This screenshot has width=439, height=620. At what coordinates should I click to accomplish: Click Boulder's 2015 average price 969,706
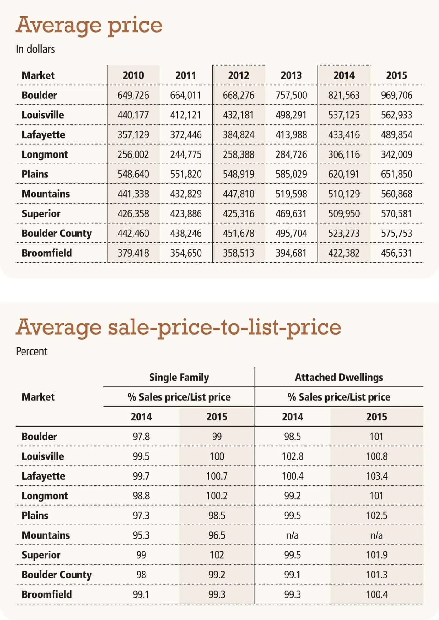(397, 95)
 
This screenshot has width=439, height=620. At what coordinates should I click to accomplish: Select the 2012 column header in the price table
(239, 75)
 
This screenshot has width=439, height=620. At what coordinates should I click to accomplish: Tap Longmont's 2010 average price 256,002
(133, 154)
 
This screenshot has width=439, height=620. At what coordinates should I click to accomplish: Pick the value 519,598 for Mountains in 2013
(291, 194)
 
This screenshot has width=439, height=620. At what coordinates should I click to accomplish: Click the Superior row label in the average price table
(41, 213)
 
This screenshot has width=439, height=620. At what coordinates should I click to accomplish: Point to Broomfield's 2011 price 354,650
(186, 253)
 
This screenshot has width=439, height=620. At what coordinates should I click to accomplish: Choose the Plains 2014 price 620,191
(344, 174)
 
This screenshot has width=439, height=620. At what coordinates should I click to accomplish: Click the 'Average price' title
(89, 25)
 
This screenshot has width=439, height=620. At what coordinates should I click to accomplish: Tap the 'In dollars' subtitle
(35, 49)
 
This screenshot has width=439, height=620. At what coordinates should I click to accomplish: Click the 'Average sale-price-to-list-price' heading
(179, 327)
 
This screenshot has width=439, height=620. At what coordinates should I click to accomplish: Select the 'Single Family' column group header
(179, 377)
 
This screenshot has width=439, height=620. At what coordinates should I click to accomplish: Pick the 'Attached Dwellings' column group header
(339, 377)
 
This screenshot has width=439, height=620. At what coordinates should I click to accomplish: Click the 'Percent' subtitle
(32, 351)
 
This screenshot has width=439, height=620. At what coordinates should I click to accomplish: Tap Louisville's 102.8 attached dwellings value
(293, 456)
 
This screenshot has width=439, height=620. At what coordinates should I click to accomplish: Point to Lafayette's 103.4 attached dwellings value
(377, 476)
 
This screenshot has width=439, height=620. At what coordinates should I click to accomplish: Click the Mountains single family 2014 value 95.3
(141, 535)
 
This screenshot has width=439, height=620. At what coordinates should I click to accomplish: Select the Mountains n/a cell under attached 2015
(377, 535)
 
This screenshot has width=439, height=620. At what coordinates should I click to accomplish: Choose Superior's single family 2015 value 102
(217, 555)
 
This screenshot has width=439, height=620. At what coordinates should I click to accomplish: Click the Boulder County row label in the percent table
(57, 575)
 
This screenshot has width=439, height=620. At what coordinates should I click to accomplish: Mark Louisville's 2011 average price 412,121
(186, 115)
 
